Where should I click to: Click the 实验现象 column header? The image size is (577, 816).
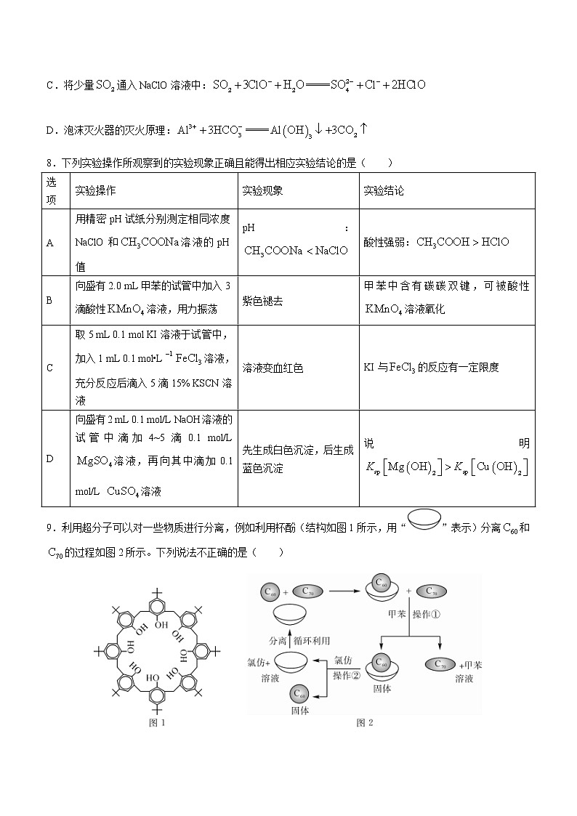[x=262, y=190]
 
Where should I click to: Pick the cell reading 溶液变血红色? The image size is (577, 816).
[x=273, y=368]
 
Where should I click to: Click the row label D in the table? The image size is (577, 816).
[x=49, y=459]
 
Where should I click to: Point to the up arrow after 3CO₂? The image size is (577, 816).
[x=364, y=129]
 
